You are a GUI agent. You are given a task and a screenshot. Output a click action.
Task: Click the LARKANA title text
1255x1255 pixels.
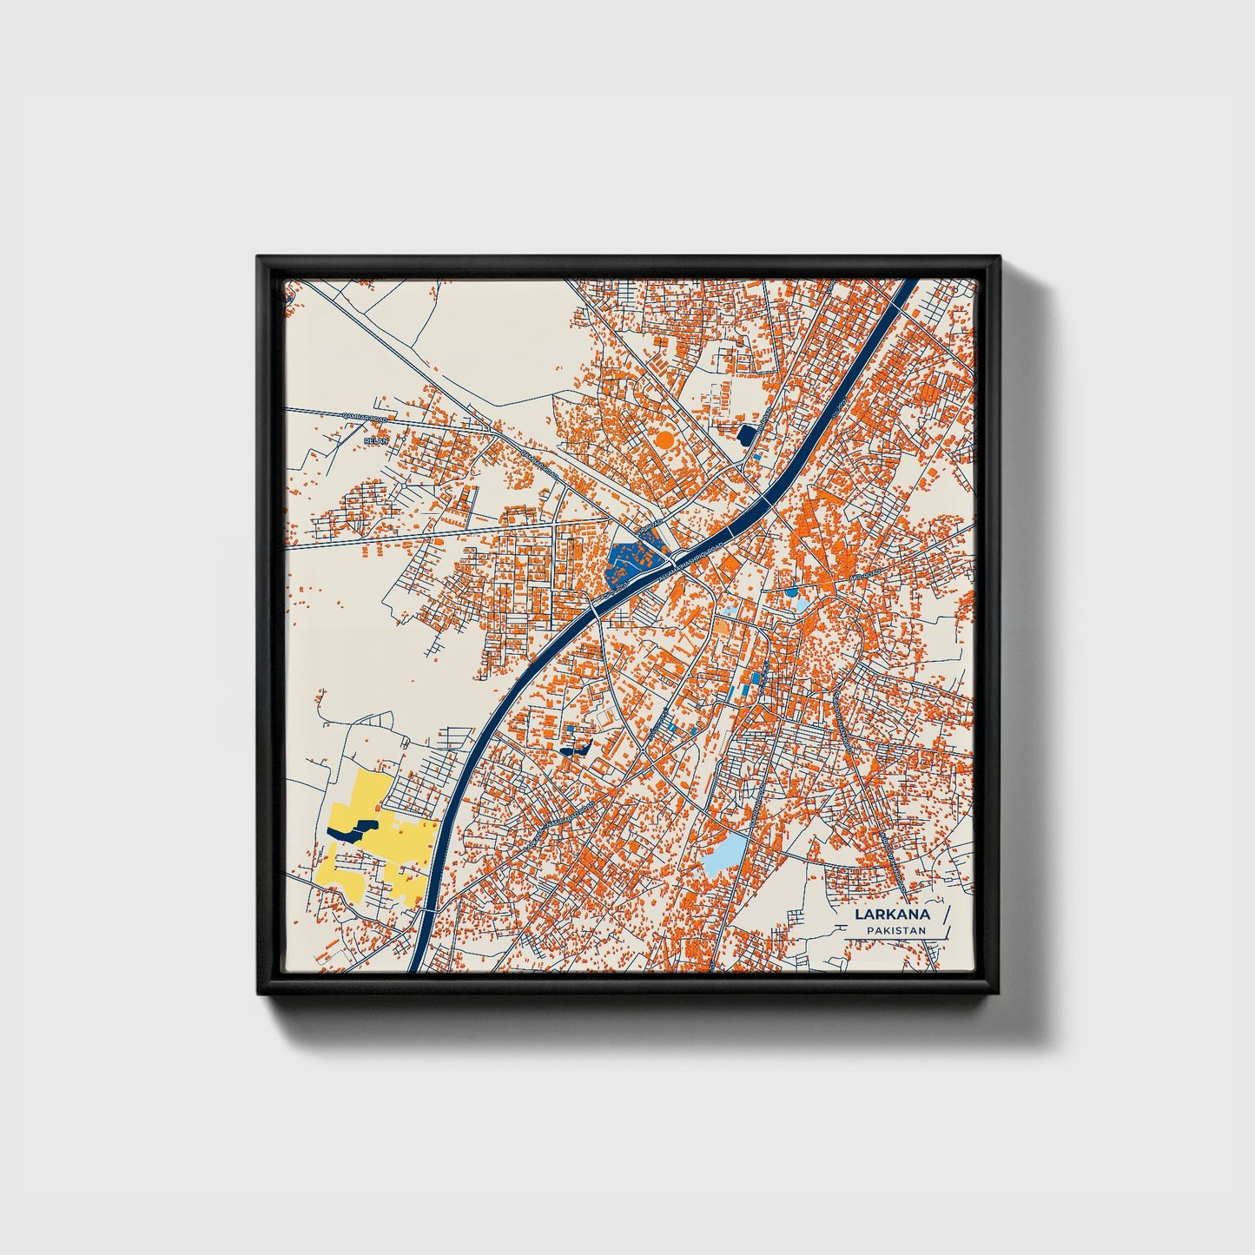[892, 914]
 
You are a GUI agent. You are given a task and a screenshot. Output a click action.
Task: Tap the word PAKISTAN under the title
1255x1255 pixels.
[895, 930]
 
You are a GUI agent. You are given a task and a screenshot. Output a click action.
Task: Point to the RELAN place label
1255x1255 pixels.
[375, 441]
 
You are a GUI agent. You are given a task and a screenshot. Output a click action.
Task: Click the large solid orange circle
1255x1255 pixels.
[664, 439]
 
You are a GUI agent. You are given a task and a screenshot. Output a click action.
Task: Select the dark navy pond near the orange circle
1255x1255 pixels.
[746, 433]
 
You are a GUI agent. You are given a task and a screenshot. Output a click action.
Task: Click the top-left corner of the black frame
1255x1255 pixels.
[259, 258]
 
